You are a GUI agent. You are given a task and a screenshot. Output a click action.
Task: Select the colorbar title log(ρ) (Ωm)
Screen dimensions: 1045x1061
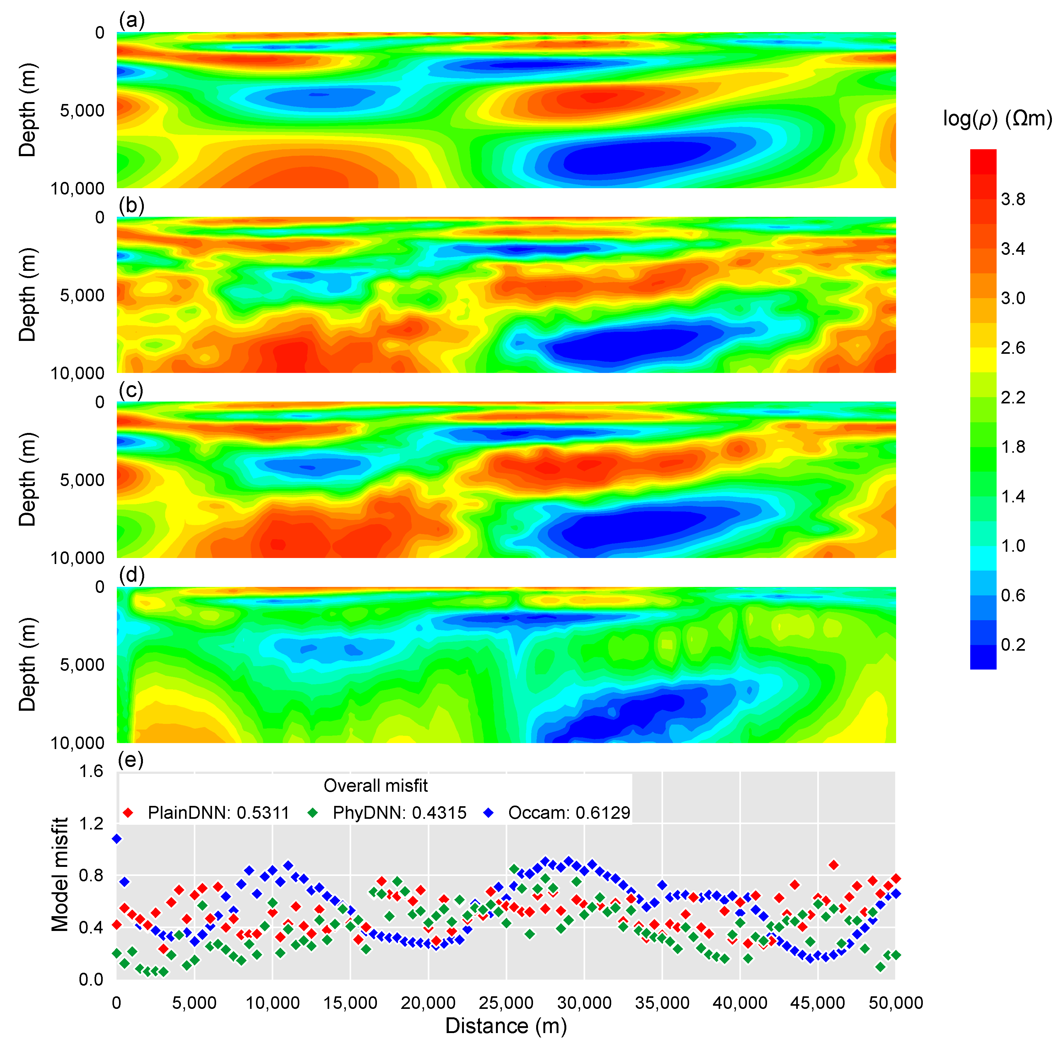point(997,118)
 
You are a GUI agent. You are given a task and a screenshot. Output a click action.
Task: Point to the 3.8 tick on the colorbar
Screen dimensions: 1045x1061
point(1012,199)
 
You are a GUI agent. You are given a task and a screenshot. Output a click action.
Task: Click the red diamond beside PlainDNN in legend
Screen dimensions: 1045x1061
point(128,813)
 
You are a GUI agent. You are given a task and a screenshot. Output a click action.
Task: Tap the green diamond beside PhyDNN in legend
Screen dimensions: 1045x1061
point(313,813)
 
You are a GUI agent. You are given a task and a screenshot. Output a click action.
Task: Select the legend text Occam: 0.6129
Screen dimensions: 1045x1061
point(569,813)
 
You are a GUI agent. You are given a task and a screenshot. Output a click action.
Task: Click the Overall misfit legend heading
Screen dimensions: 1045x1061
point(375,786)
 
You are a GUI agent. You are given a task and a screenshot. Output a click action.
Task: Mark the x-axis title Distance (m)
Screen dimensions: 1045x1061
point(505,1026)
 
